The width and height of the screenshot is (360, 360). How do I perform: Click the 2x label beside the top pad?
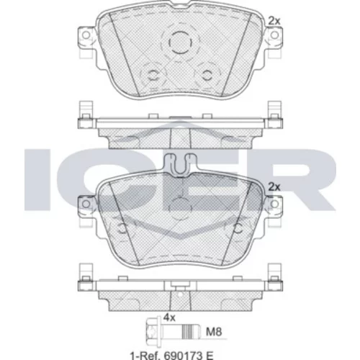coord(274,21)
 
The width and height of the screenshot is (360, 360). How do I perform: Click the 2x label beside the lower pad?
coord(274,187)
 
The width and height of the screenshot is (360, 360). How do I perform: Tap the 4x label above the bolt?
coord(169,318)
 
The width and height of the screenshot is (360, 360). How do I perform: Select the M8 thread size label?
coord(214,332)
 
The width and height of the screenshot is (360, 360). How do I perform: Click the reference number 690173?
coord(182,356)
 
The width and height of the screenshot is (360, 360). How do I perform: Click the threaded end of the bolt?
coord(191,332)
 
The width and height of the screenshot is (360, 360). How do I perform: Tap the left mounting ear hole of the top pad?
coord(86,35)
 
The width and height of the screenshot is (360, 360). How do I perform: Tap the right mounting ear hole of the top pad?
coord(274,35)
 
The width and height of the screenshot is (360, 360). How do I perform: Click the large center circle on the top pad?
coord(181,42)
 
